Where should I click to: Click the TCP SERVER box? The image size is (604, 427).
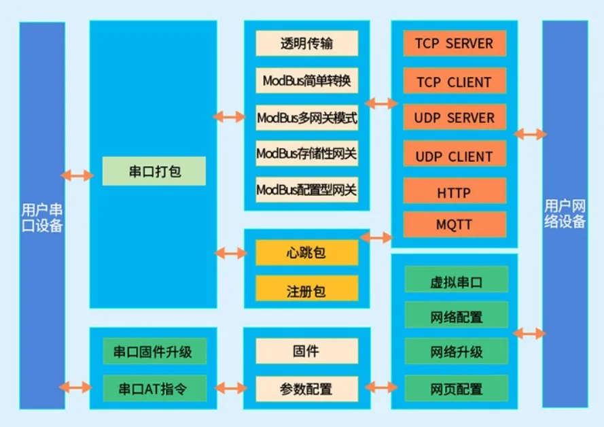coord(453,44)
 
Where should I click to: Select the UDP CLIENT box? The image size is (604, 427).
coord(453,156)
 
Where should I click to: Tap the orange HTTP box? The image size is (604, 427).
coord(453,192)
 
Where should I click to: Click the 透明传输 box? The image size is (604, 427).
coord(306,44)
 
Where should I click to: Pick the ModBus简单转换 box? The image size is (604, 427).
coord(306,81)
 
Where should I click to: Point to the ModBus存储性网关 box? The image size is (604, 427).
coord(306,154)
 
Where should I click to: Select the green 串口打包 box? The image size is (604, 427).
coord(154,171)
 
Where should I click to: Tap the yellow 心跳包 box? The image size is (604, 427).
coord(306,254)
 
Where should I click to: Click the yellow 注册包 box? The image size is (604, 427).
coord(306,290)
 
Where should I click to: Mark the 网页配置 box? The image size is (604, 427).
coord(456,389)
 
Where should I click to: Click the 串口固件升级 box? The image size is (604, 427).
coord(152,352)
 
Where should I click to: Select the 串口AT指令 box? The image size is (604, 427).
coord(152,389)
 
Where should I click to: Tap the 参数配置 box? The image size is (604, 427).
coord(306,389)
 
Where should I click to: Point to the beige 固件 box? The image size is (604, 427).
coord(306,352)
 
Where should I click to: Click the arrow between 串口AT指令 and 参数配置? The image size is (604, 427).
coord(231,388)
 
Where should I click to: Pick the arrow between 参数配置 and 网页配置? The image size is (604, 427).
coord(381,388)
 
